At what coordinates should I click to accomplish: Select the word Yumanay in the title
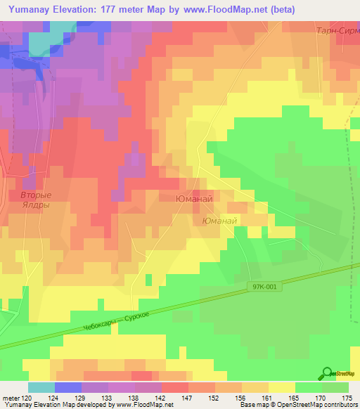coord(32,9)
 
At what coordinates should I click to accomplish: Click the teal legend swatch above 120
coord(41,387)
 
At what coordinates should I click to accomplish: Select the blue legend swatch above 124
coord(68,387)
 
